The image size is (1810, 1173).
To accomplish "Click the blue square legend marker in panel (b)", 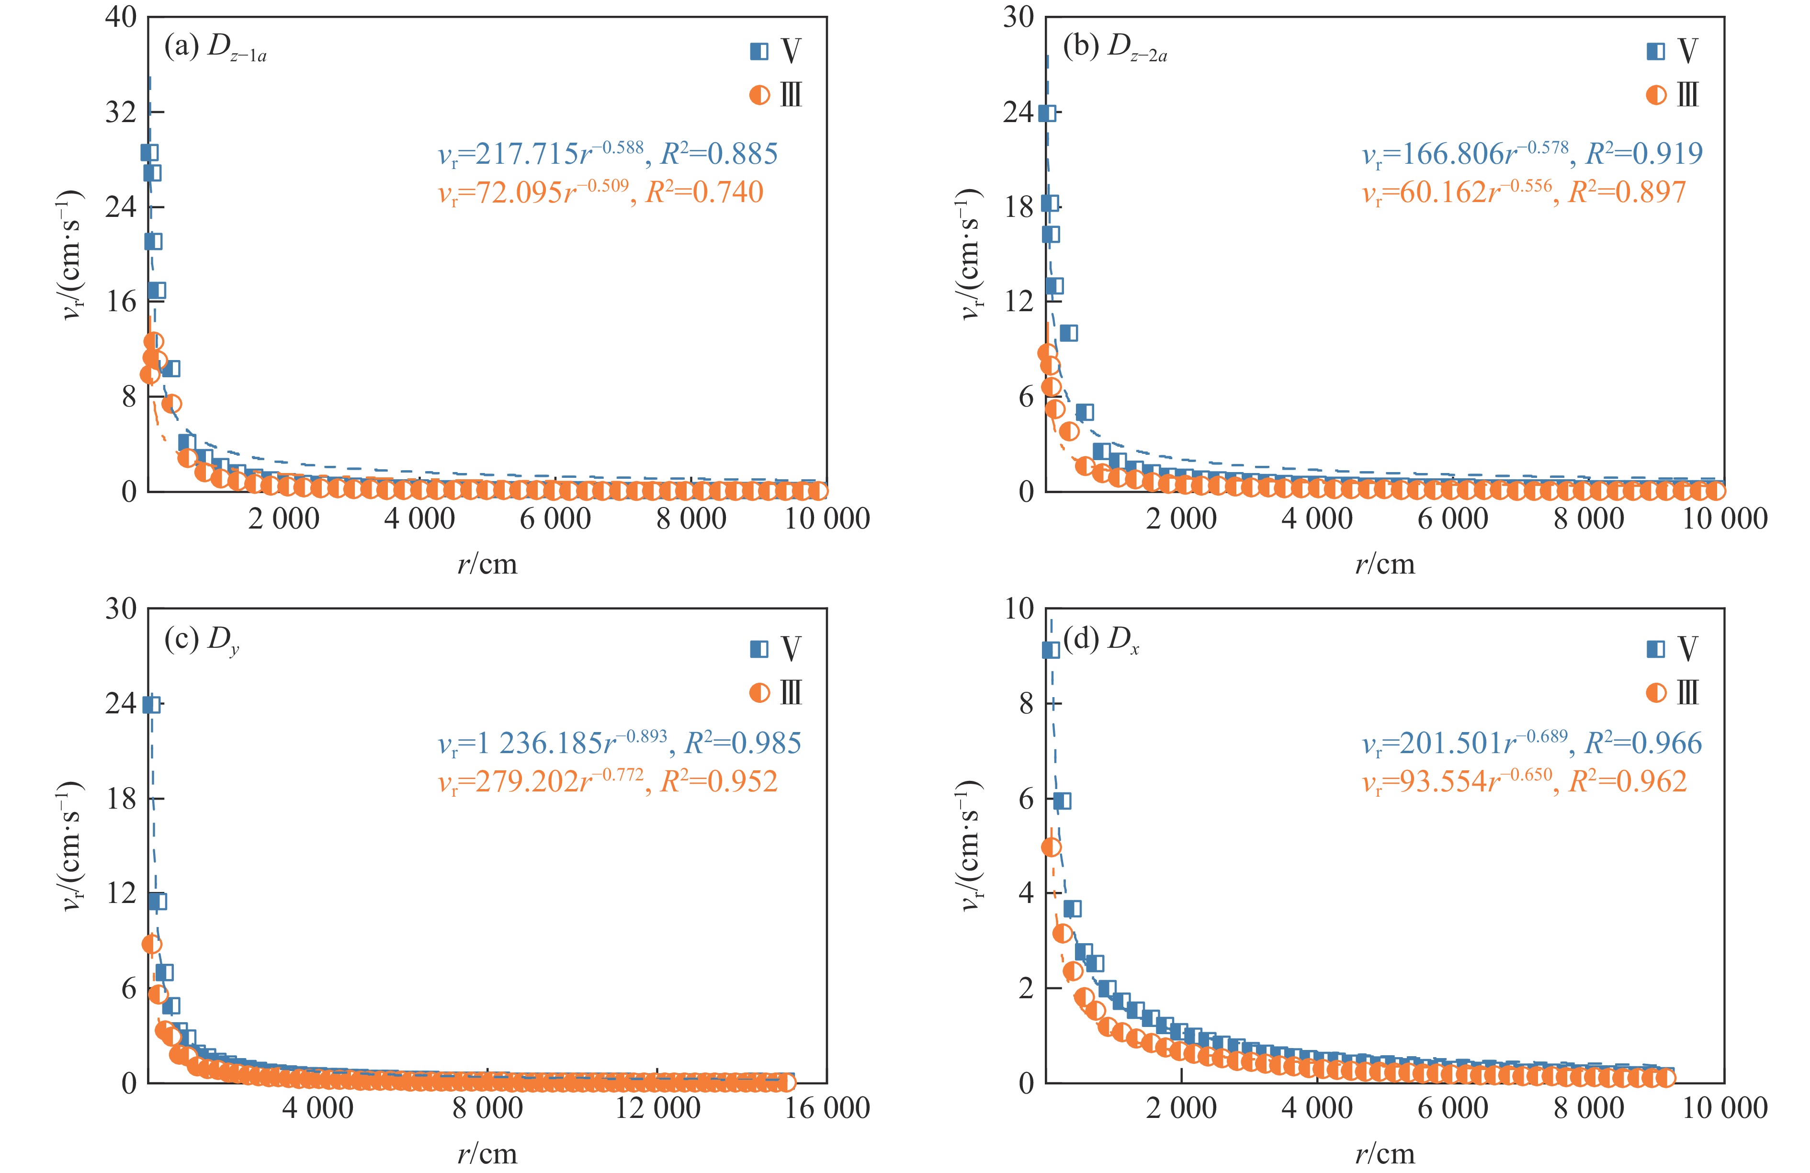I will click(x=1656, y=51).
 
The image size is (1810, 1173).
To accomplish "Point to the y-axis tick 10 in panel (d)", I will click(x=1019, y=609).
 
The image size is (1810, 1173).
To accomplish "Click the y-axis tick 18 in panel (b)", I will click(x=1019, y=207).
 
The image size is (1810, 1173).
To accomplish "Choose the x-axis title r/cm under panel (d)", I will click(x=1385, y=1154).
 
